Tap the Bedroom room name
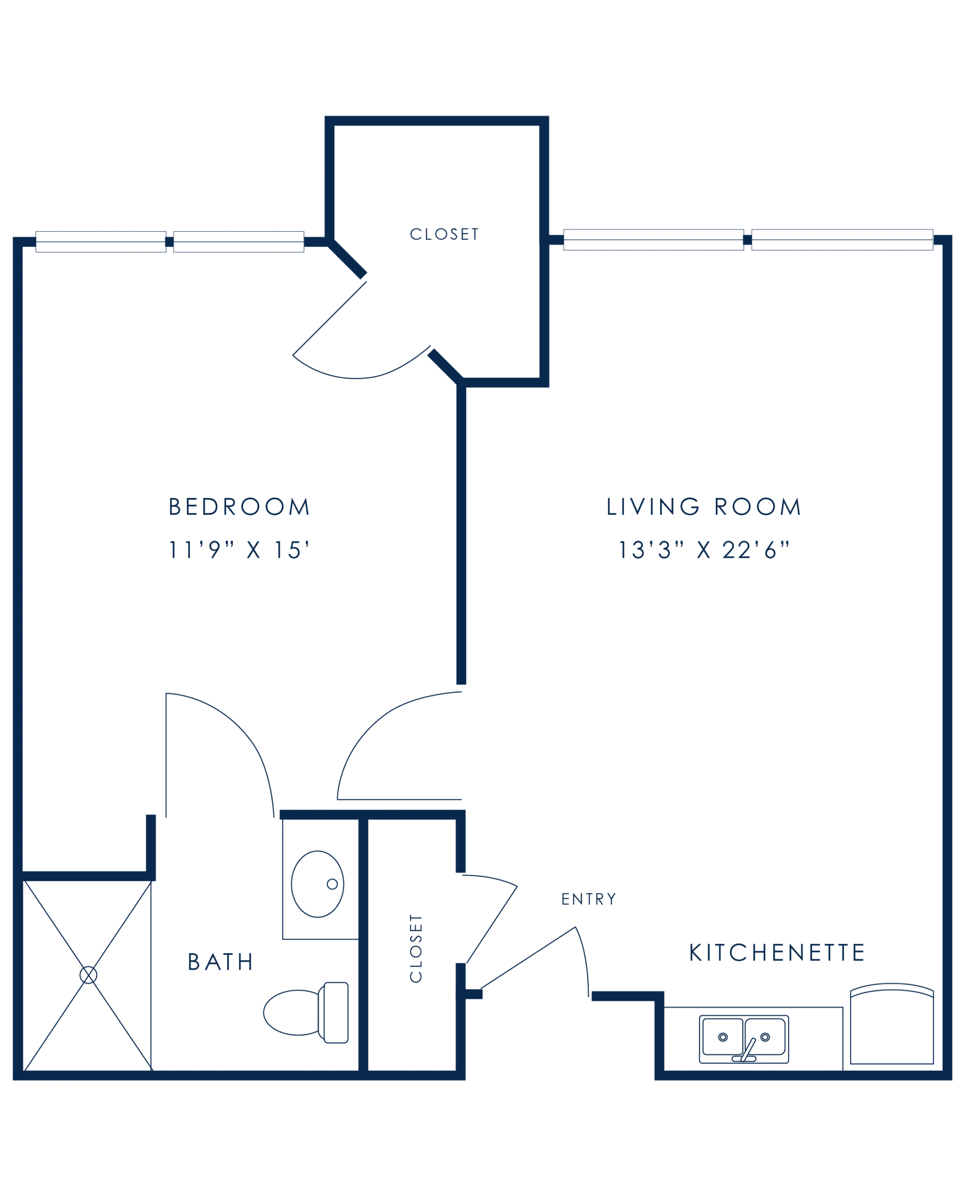pyautogui.click(x=239, y=506)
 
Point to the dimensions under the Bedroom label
pyautogui.click(x=238, y=549)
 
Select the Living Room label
pyautogui.click(x=701, y=506)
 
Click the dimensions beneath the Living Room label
pyautogui.click(x=703, y=549)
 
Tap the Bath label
pyautogui.click(x=221, y=963)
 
